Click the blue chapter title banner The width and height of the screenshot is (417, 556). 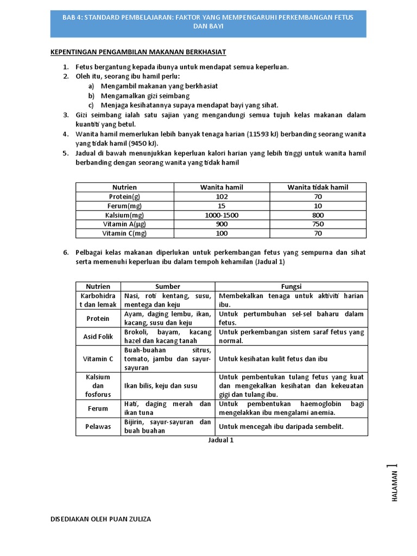(x=208, y=22)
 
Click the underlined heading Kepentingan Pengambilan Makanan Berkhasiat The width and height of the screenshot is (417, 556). (x=138, y=52)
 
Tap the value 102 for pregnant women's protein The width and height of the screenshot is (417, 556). (x=222, y=197)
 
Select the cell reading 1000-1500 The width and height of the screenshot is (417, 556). (x=222, y=215)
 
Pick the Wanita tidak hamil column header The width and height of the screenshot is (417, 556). (x=318, y=187)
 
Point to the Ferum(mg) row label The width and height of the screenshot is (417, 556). (x=124, y=206)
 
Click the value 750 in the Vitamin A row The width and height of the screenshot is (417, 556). (x=318, y=224)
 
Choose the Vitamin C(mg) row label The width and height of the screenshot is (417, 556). (x=124, y=233)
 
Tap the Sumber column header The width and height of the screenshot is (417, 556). (x=168, y=286)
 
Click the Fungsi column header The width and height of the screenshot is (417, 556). (x=291, y=286)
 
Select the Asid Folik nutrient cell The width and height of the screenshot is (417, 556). (x=98, y=337)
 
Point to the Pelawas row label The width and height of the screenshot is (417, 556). (x=98, y=426)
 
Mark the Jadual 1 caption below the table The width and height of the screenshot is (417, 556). (x=221, y=440)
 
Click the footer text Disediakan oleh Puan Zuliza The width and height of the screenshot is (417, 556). (x=100, y=519)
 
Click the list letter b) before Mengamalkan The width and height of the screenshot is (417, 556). (x=91, y=96)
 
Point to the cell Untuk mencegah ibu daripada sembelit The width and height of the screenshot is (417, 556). (x=281, y=426)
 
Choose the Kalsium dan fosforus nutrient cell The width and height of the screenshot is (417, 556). (x=98, y=386)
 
